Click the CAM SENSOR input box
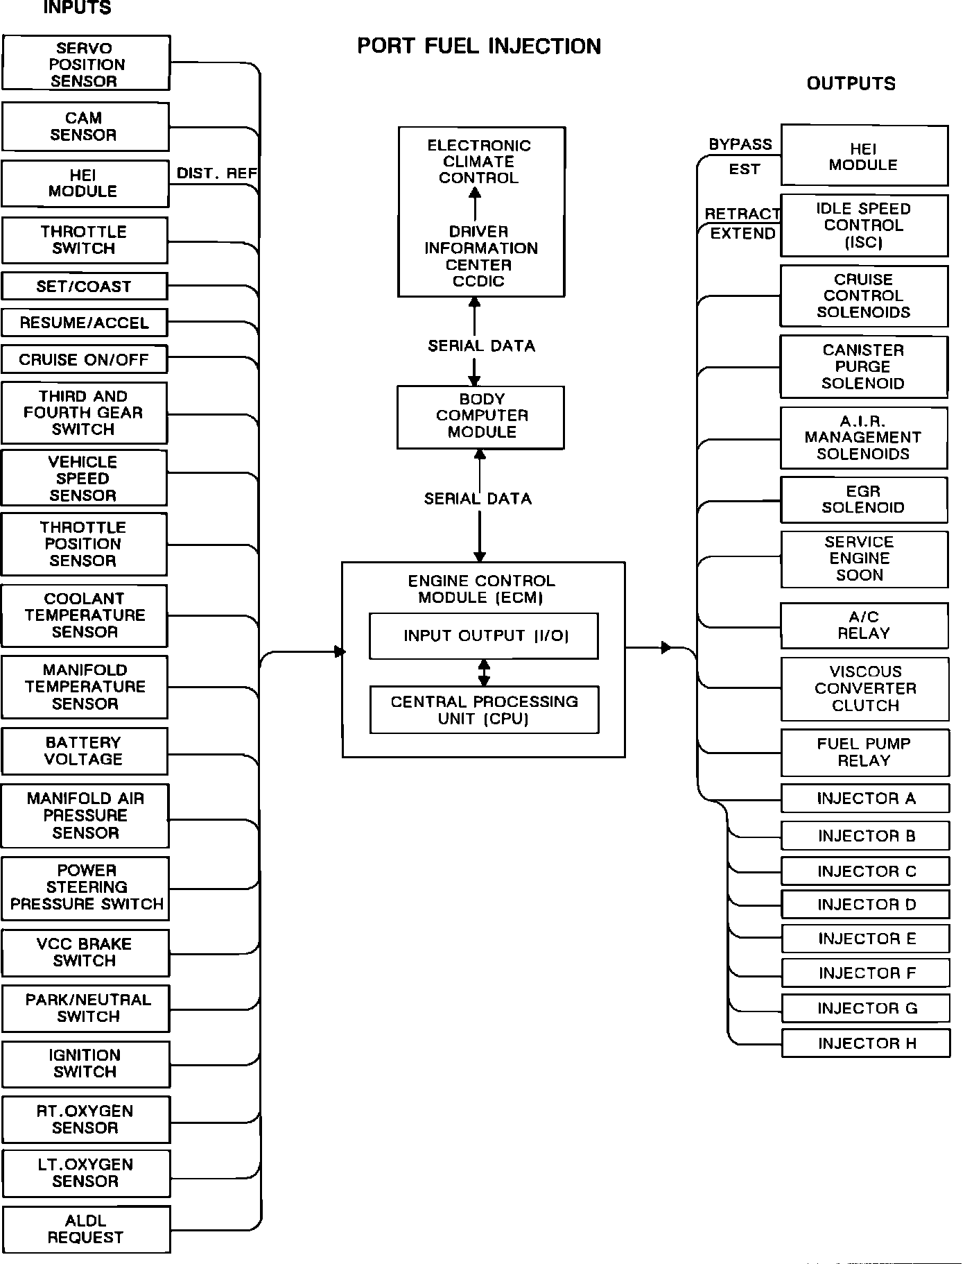coord(85,127)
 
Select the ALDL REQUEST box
coord(86,1229)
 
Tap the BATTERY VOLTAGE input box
coord(85,751)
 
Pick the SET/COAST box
coord(85,286)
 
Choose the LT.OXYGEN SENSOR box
coord(86,1173)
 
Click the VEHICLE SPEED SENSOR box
coord(84,478)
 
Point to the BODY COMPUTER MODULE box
coord(480,417)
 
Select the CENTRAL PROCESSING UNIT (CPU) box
coord(484,710)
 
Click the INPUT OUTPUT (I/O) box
coord(484,635)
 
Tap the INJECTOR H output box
coord(865,1043)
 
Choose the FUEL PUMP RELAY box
coord(864,752)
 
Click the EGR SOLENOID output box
coord(864,499)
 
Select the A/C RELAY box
coord(864,625)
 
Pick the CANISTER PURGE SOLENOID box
coord(863,367)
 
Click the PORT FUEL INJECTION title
coord(479,46)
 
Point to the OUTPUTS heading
coord(851,84)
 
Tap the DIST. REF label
coord(216,173)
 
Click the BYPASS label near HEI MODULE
coord(740,144)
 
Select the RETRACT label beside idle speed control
coord(742,214)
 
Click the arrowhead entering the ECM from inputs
coord(340,651)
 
